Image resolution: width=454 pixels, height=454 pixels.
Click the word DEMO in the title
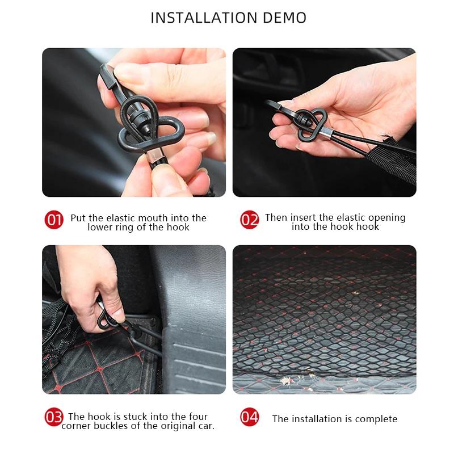[x=284, y=18]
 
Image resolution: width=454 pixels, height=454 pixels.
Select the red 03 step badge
[x=54, y=418]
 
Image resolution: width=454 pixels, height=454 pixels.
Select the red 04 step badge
[x=249, y=418]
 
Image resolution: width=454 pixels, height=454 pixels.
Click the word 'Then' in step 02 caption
[x=276, y=218]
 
